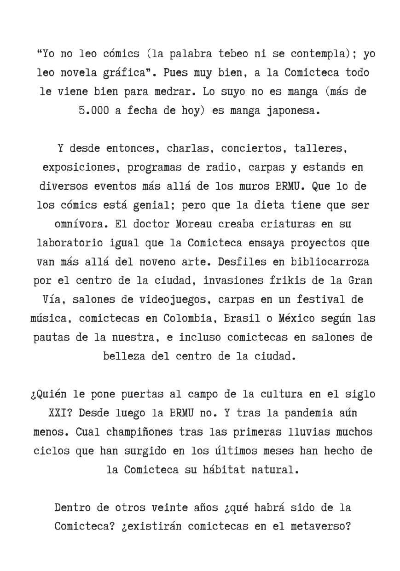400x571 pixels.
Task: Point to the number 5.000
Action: tap(93, 111)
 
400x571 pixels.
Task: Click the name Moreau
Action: tap(193, 224)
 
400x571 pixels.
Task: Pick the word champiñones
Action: tap(139, 432)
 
